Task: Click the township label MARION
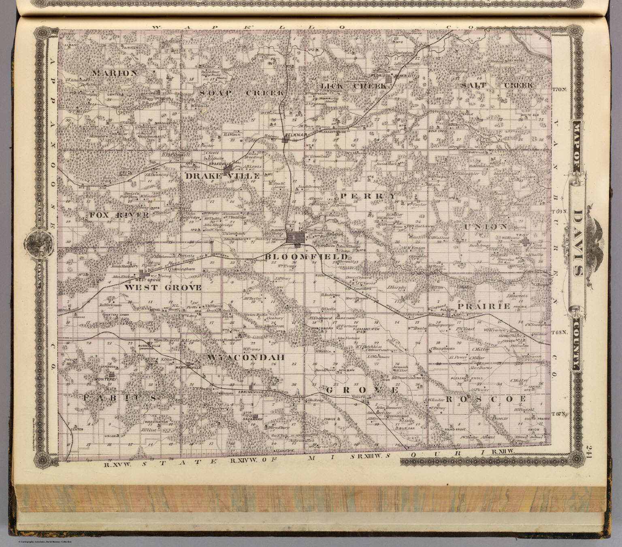coord(115,73)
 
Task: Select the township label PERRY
coord(367,196)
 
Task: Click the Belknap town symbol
coord(286,140)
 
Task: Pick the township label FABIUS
coord(120,399)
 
